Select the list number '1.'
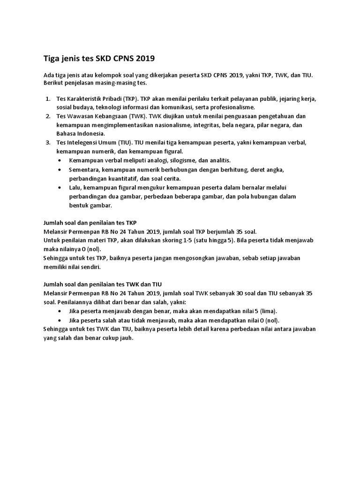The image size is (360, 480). click(48, 99)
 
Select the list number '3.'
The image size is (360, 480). click(48, 142)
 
